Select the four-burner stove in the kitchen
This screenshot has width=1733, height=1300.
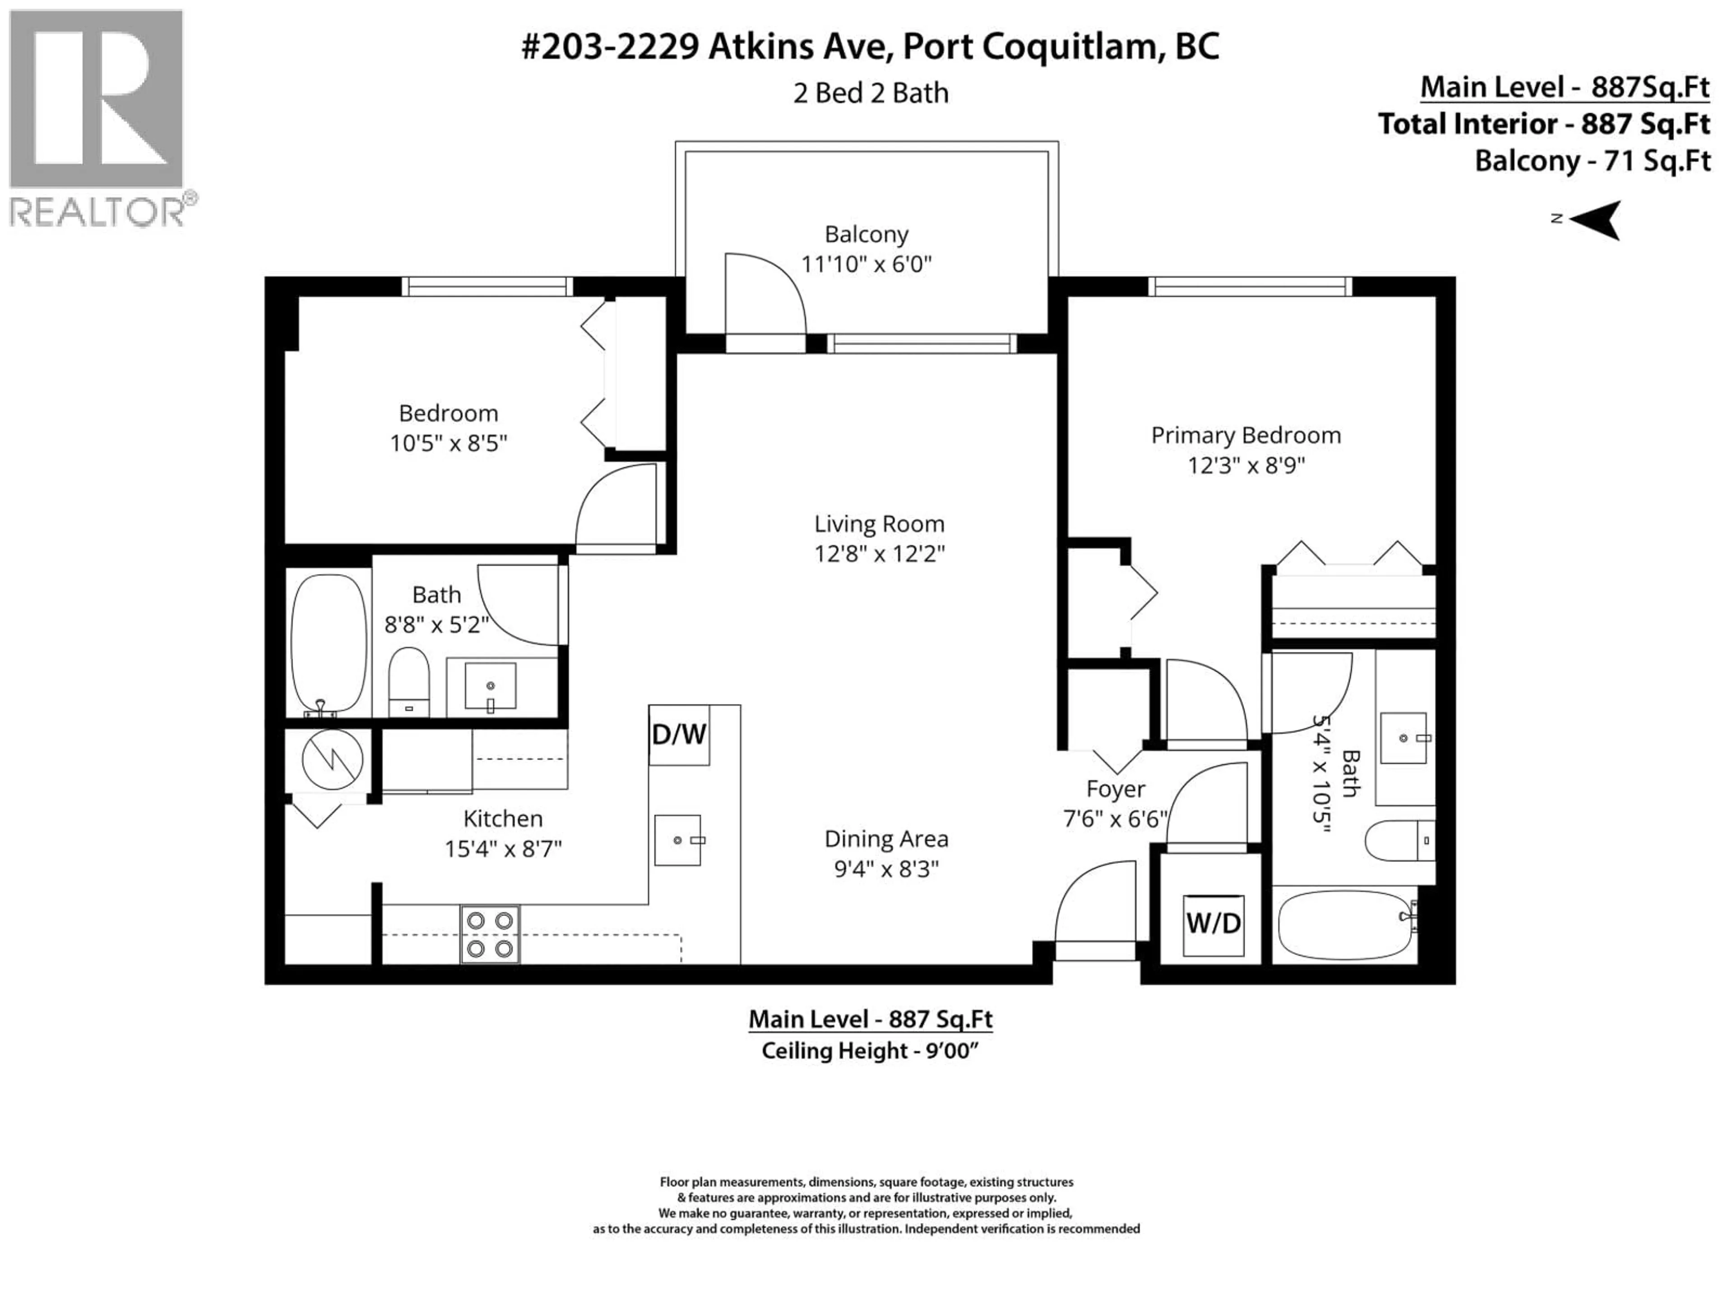tap(490, 934)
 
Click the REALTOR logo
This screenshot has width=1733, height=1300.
tap(97, 117)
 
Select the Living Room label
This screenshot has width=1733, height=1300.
tap(879, 524)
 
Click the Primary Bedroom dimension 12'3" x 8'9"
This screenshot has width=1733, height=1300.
tap(1246, 465)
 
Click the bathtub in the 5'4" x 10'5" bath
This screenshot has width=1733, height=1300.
tap(1345, 924)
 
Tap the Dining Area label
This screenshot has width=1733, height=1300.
tap(886, 839)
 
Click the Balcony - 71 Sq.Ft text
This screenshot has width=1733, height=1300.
tap(1592, 161)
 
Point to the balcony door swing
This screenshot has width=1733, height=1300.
tap(764, 294)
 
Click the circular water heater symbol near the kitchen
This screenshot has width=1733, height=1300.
tap(332, 760)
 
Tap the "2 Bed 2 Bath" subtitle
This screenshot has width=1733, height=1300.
tap(871, 93)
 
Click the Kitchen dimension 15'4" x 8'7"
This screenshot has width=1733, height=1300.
tap(503, 849)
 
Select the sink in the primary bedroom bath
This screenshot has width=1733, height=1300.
tap(1402, 738)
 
